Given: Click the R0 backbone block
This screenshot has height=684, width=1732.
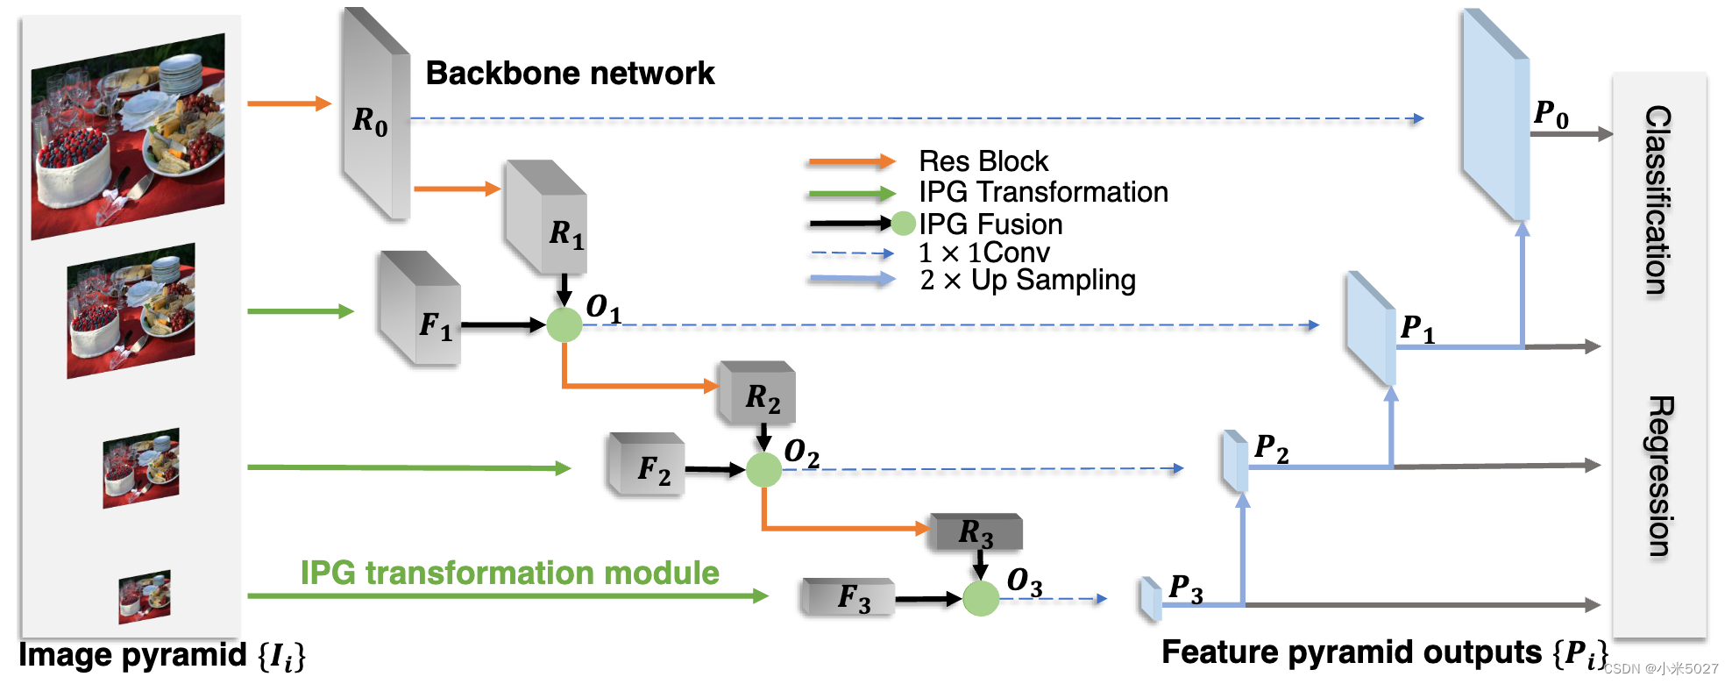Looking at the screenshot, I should tap(375, 118).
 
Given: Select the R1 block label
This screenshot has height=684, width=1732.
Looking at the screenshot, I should tap(566, 233).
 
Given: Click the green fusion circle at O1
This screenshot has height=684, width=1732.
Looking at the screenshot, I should tap(564, 325).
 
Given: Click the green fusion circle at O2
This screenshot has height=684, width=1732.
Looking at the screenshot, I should tap(763, 470).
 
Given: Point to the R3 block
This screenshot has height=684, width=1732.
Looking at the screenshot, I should tap(976, 531).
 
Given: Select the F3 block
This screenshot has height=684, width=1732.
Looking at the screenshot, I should tap(848, 597).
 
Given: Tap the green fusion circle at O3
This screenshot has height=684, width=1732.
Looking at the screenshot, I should tap(981, 598).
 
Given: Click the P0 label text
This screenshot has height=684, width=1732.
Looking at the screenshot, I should tap(1551, 114).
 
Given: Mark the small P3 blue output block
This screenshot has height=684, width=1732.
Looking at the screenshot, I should tap(1151, 598).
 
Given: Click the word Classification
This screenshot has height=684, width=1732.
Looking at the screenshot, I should tap(1657, 200).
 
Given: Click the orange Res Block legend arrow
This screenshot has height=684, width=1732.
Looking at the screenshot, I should tap(850, 162).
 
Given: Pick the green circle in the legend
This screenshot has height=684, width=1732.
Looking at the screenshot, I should tap(904, 224).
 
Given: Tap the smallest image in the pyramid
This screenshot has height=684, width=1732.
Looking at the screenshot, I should tap(145, 596).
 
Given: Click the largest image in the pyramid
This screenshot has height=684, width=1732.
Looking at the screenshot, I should tap(128, 136).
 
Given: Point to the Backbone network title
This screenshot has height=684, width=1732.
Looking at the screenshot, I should tap(570, 73).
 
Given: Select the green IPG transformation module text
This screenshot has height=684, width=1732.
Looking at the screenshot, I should tap(509, 573).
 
